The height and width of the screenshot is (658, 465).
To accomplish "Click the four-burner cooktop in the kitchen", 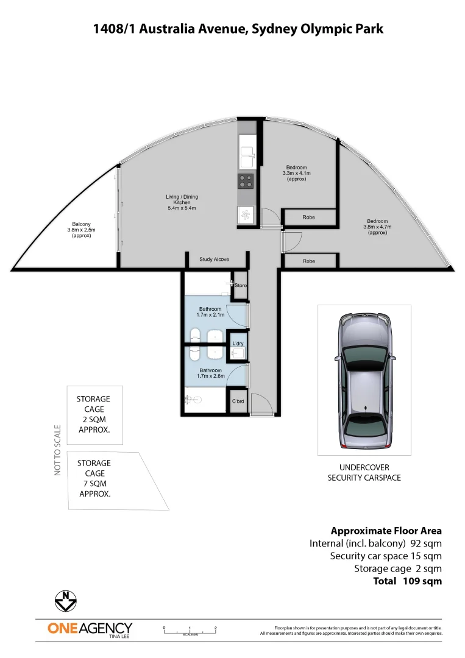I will pyautogui.click(x=246, y=181).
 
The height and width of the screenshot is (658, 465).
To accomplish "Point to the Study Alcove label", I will pyautogui.click(x=214, y=260).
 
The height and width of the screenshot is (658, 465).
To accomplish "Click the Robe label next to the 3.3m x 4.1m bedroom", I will pyautogui.click(x=309, y=217).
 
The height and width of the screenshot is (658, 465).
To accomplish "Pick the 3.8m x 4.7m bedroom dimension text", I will pyautogui.click(x=378, y=227).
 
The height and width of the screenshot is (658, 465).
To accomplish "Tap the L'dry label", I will pyautogui.click(x=238, y=344).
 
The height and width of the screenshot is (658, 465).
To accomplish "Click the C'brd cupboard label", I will pyautogui.click(x=238, y=402).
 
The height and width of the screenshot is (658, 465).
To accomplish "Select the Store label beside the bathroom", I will pyautogui.click(x=241, y=285).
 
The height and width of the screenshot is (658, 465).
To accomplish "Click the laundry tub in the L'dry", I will pyautogui.click(x=239, y=353).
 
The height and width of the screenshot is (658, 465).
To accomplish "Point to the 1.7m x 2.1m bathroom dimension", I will pyautogui.click(x=211, y=315).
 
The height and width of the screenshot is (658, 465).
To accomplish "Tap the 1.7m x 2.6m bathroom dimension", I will pyautogui.click(x=211, y=376).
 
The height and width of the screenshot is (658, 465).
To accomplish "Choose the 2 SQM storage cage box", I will pyautogui.click(x=94, y=414).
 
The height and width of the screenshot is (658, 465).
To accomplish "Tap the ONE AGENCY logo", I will pyautogui.click(x=90, y=629).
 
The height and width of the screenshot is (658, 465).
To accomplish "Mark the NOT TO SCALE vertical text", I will pyautogui.click(x=58, y=450).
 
